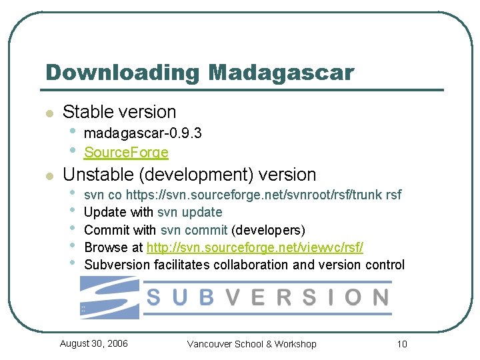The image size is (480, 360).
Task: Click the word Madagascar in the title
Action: tap(281, 72)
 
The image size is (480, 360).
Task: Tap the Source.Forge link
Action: tap(126, 153)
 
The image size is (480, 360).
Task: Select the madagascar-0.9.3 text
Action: tap(143, 134)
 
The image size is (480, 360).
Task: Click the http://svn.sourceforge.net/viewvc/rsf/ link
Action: tap(255, 247)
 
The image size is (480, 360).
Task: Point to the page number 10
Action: tap(401, 344)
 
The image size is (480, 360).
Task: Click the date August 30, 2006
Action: tap(94, 343)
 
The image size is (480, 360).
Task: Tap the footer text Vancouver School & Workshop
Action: tap(251, 344)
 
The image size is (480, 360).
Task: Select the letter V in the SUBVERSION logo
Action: tap(230, 297)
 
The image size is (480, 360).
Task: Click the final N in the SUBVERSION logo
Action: tap(380, 297)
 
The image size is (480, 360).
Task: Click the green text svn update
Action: tap(190, 213)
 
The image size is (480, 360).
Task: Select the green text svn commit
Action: tap(194, 230)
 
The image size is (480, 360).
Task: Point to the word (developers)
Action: tap(268, 230)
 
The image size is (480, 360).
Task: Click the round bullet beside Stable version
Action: tap(48, 114)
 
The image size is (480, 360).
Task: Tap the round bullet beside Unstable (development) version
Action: tap(48, 177)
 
